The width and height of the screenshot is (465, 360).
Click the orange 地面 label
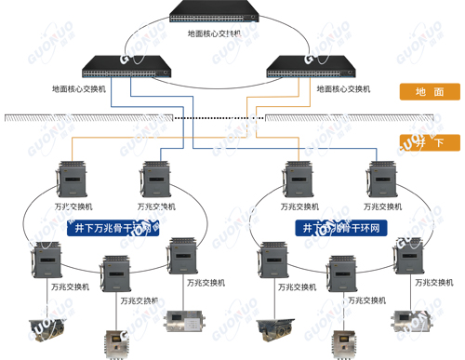(429, 92)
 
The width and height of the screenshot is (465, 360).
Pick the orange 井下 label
(429, 141)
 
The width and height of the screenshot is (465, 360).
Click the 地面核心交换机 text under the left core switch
(80, 89)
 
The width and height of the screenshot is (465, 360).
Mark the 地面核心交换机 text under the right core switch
(344, 89)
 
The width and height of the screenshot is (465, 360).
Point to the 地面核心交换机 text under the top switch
(214, 34)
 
